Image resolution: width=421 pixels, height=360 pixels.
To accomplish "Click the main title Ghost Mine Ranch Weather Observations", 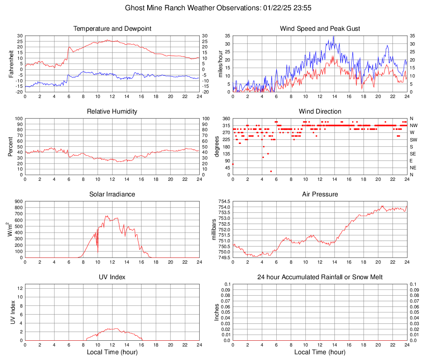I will tap(210, 8).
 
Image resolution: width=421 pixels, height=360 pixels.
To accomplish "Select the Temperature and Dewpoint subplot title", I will tap(112, 29).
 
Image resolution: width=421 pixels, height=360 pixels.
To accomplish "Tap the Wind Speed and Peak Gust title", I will tap(320, 29).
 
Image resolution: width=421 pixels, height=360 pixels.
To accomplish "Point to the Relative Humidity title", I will tap(112, 112).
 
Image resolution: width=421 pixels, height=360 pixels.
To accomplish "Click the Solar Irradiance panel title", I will tap(112, 194).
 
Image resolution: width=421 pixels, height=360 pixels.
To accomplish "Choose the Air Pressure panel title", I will tap(320, 194).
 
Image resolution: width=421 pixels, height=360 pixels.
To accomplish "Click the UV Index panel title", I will tap(112, 277).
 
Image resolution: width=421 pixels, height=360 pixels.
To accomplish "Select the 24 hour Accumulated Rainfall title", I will tap(320, 277).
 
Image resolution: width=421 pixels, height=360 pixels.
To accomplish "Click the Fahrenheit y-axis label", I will tap(11, 64).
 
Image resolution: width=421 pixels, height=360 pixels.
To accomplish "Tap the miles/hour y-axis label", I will tap(220, 64).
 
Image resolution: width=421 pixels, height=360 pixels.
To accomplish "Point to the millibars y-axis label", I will tap(214, 230).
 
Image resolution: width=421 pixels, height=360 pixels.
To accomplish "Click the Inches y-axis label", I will tap(217, 312).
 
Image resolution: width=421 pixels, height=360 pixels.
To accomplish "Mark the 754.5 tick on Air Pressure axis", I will tap(224, 201).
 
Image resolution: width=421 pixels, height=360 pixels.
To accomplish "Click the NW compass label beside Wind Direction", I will tap(413, 125).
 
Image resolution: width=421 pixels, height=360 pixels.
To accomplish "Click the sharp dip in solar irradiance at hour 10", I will tap(98, 251).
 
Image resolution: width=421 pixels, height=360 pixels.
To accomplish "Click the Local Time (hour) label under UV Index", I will tap(112, 352).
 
